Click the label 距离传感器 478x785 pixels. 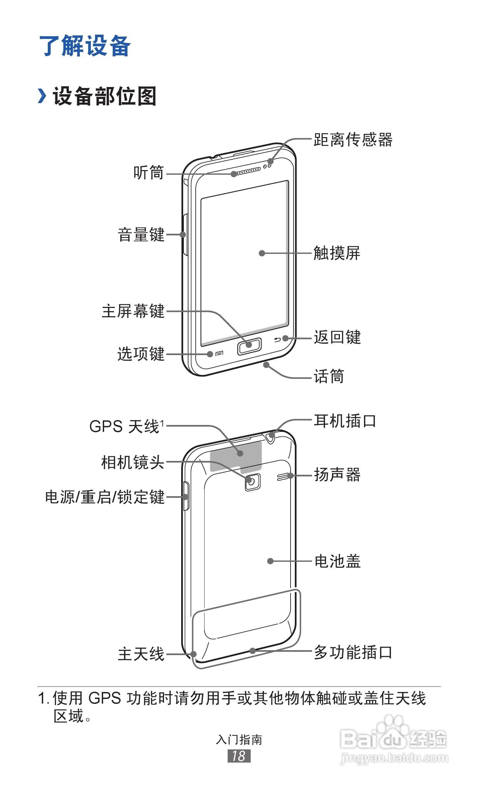(x=353, y=140)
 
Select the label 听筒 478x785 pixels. (x=149, y=173)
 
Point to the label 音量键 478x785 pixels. (x=141, y=235)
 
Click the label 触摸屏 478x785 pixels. (x=337, y=253)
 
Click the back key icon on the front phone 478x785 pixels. (x=277, y=340)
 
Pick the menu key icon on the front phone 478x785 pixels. (x=219, y=354)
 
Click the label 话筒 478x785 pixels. (x=329, y=376)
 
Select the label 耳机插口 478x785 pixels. (x=345, y=421)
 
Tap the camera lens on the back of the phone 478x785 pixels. (x=252, y=482)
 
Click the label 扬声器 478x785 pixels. (x=337, y=475)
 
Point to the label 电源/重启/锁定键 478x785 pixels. (x=105, y=497)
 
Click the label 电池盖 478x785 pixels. (x=337, y=561)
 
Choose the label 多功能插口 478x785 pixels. (x=353, y=652)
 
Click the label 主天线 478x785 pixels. (x=141, y=654)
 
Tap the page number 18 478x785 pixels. (x=239, y=756)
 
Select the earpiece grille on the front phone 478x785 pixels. (x=246, y=171)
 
